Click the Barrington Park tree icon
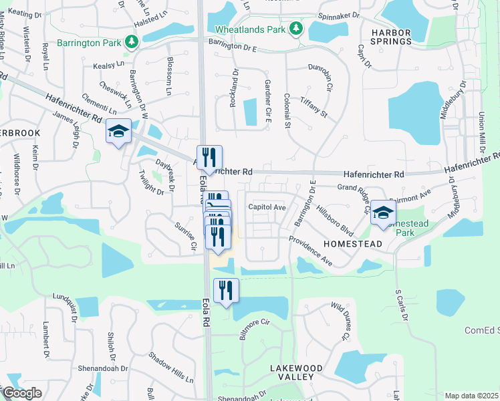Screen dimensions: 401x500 pos(132,42)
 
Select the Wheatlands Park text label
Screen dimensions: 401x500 pos(250,29)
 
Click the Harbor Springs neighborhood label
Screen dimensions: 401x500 pos(391,37)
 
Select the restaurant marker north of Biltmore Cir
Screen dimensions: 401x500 pos(225,290)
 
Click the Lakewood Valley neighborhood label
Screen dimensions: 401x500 pos(296,372)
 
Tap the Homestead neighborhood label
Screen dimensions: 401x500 pos(353,245)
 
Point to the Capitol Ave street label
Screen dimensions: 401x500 pos(267,207)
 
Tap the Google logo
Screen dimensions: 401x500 pos(21,393)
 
